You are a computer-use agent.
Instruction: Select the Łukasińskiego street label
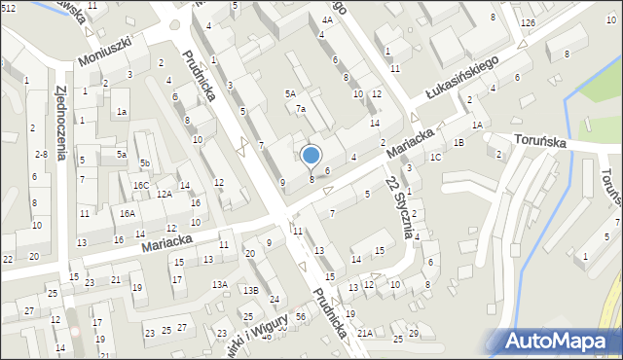point(461,77)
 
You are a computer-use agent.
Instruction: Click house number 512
point(8,8)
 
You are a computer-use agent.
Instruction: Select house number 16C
point(141,185)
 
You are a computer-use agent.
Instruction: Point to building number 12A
point(165,194)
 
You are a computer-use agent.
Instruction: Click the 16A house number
point(128,213)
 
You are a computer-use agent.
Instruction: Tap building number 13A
point(221,284)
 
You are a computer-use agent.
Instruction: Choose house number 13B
point(250,290)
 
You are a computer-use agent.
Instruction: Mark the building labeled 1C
point(435,157)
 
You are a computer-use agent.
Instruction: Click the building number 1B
point(458,143)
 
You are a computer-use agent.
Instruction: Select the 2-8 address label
point(40,155)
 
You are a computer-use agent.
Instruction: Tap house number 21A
point(364,333)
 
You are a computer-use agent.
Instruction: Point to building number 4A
point(327,33)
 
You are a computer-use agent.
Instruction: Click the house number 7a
point(302,109)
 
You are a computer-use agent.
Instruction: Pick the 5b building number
point(144,162)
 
